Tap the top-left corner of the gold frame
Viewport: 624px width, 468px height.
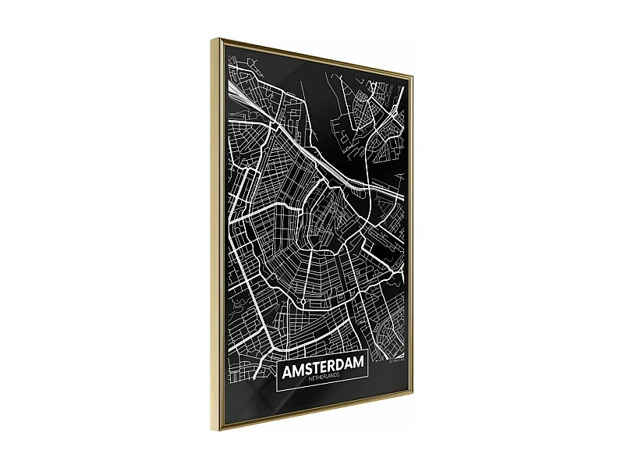tap(217, 37)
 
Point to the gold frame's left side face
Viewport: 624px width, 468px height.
tap(218, 234)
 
